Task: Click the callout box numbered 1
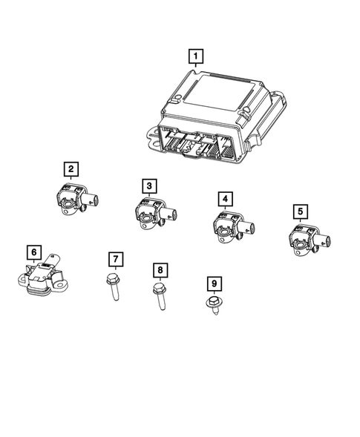[194, 56]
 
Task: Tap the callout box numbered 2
[71, 171]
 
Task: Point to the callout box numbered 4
[223, 199]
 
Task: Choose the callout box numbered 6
[34, 252]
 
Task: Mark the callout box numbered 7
[116, 259]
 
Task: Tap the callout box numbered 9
[213, 283]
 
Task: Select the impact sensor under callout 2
[75, 199]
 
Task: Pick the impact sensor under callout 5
[304, 239]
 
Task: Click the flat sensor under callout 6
[43, 277]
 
